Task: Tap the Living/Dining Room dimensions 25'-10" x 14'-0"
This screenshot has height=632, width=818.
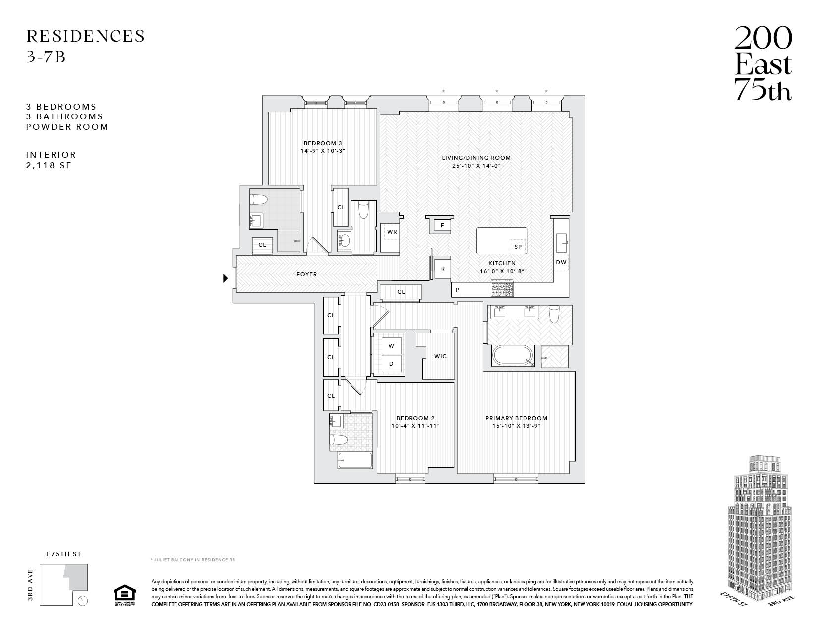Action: tap(476, 166)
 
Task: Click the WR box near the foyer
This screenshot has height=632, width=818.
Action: tap(392, 232)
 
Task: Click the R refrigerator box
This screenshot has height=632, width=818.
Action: tap(443, 269)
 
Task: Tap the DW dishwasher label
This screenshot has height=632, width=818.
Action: tap(561, 262)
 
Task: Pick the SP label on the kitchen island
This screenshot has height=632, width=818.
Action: tap(518, 247)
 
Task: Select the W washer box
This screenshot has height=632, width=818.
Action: tap(391, 345)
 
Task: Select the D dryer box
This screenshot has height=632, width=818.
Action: tap(391, 364)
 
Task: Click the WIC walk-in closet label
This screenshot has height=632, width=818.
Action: tap(440, 356)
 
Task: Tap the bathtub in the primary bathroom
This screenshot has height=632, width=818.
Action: tap(513, 355)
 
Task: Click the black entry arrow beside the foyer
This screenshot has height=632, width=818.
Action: tap(225, 278)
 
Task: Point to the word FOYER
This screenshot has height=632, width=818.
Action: tap(307, 274)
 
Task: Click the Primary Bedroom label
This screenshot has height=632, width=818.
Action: tap(516, 418)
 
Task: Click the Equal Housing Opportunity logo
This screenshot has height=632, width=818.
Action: tap(124, 595)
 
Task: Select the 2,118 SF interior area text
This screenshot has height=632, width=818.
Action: tap(49, 165)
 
